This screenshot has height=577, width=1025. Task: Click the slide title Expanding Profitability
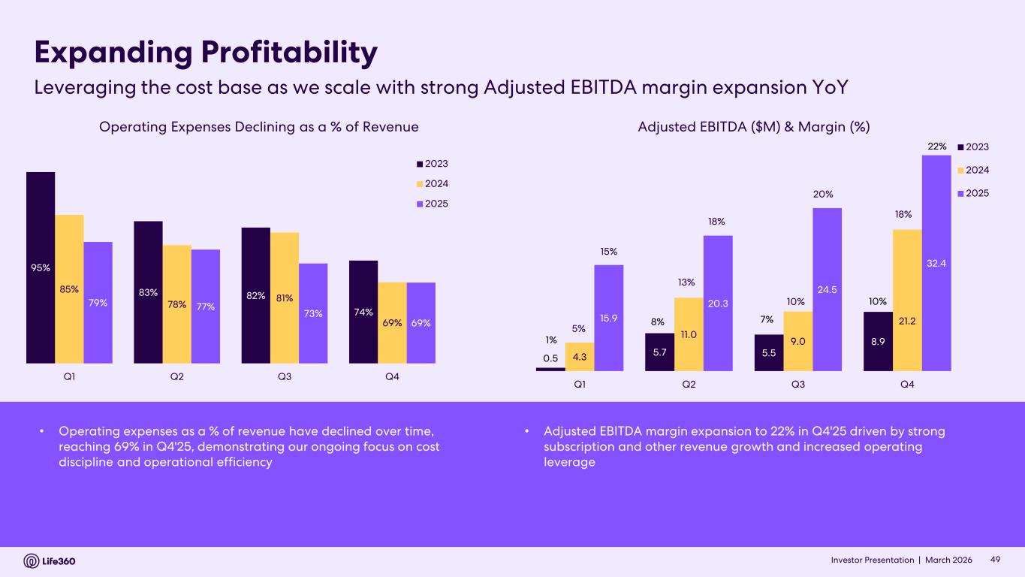tap(206, 53)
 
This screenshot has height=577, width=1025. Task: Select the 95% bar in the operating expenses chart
tap(41, 267)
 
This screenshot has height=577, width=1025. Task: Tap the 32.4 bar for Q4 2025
tap(936, 263)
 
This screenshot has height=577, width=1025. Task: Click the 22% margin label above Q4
tap(936, 147)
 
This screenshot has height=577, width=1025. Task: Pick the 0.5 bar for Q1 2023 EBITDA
tap(550, 369)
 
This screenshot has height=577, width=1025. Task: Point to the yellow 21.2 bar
tap(907, 301)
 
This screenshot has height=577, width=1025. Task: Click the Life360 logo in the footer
tap(50, 560)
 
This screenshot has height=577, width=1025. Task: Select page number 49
tap(996, 560)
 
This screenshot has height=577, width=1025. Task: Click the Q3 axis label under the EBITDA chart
tap(798, 385)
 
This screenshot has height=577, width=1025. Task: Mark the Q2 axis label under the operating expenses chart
tap(176, 378)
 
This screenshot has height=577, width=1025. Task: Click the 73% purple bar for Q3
tap(313, 313)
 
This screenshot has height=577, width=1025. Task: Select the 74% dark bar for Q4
tap(363, 312)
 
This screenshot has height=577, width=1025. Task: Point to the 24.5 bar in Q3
tap(827, 289)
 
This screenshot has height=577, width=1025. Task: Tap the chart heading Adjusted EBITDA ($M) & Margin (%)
tap(753, 127)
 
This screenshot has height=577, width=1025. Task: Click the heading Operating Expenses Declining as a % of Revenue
tap(258, 127)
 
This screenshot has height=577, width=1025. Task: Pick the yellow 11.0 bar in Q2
tap(689, 334)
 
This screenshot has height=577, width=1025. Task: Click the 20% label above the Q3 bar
tap(822, 194)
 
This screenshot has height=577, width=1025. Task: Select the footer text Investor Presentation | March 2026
tap(901, 560)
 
